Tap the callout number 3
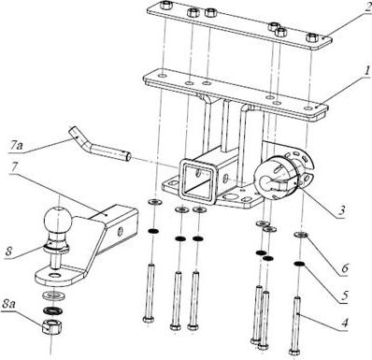(342, 210)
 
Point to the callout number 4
(344, 323)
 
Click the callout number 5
(344, 295)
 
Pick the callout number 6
(345, 268)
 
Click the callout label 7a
(15, 146)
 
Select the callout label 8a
(8, 305)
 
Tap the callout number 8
(8, 252)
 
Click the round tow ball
(58, 219)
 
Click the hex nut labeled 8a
(52, 326)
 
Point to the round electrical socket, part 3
(283, 174)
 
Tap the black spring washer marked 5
(300, 265)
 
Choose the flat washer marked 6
(301, 235)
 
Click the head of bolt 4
(294, 352)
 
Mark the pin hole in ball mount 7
(120, 231)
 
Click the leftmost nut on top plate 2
(165, 5)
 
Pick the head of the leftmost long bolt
(148, 319)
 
